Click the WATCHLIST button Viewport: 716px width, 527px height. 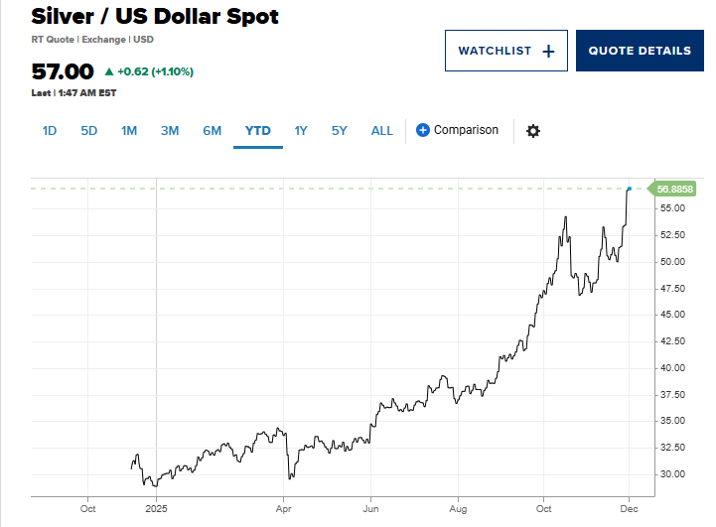(505, 51)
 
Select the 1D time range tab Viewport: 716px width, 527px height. (50, 130)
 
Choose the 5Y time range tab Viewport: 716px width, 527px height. (340, 130)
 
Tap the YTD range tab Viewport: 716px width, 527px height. (258, 130)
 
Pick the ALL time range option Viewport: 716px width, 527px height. (382, 130)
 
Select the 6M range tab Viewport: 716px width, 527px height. (212, 130)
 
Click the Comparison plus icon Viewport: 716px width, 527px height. (423, 130)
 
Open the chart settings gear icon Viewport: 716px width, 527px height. (533, 131)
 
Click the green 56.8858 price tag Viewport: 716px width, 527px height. (674, 189)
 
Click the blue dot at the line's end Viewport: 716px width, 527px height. (629, 189)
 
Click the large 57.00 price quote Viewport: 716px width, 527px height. (63, 71)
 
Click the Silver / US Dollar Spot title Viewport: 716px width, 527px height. (155, 17)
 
